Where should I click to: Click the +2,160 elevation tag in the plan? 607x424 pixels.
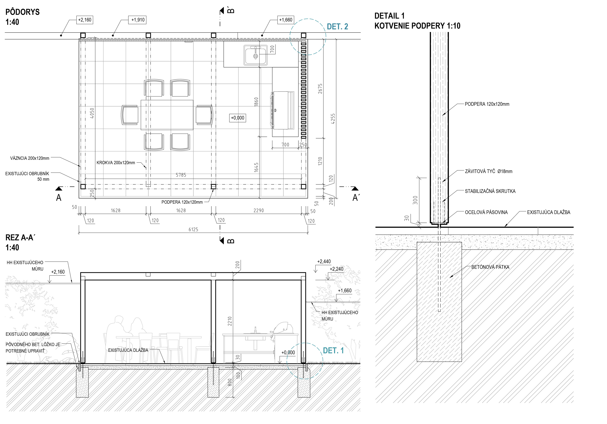coord(85,20)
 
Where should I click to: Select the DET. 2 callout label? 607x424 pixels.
coord(337,27)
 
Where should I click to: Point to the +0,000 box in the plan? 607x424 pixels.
coord(237,118)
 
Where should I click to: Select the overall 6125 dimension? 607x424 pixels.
coord(193,229)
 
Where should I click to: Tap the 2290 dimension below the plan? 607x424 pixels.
coord(259,210)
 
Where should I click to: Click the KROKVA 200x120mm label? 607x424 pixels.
coord(116,163)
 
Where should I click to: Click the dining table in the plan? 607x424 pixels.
coord(167,115)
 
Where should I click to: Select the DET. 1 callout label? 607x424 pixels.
coord(333,351)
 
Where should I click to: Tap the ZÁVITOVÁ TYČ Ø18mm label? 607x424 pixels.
coord(489,171)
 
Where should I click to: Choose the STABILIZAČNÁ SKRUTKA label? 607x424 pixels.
coord(490,191)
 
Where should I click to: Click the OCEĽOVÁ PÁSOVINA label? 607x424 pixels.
coord(486,212)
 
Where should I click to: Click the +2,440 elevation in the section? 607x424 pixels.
coord(324,261)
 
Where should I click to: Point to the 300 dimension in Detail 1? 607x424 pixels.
coord(415,200)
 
